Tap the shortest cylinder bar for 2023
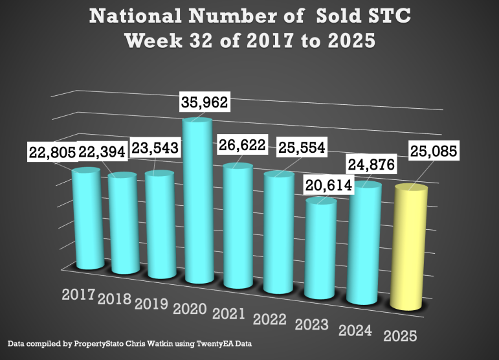point(320,249)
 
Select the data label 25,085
point(433,153)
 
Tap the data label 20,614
point(327,186)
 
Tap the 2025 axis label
point(399,337)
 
